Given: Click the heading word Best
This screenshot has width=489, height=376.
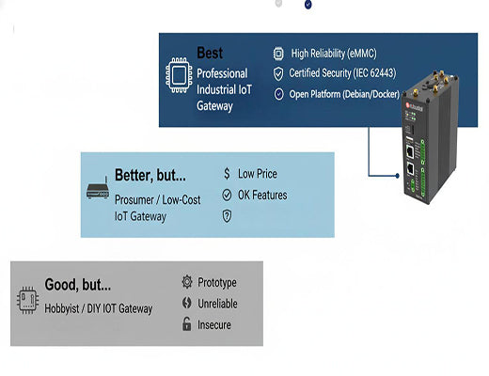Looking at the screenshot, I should (x=210, y=54).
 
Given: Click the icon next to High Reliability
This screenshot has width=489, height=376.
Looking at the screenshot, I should (x=278, y=54).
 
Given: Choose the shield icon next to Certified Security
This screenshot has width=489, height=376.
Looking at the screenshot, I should (x=278, y=73).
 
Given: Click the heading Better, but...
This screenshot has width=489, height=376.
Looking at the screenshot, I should (x=150, y=175).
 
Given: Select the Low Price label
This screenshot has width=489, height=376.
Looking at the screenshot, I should (x=257, y=174).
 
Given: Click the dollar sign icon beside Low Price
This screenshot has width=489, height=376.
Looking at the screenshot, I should (x=227, y=174).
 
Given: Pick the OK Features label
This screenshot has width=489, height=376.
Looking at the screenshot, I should (x=262, y=195).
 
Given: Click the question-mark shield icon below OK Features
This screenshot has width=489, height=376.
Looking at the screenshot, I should (x=227, y=216).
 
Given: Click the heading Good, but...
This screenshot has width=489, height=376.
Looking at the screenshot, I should (x=78, y=285).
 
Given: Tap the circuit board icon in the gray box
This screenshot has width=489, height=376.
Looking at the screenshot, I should (x=27, y=300).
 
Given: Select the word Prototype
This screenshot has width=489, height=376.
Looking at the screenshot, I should (x=217, y=283).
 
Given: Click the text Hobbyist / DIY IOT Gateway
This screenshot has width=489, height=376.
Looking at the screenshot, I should (x=99, y=307).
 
